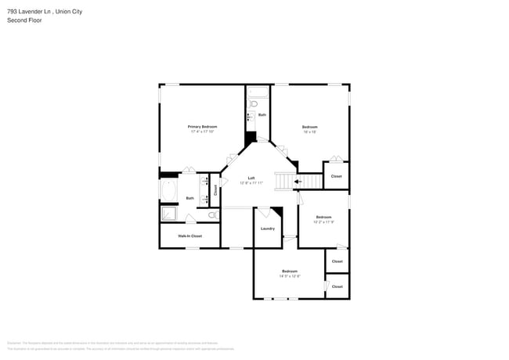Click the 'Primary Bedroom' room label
(x=202, y=126)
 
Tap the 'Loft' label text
(x=251, y=178)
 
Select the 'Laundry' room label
(x=267, y=228)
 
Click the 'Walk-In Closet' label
(x=190, y=236)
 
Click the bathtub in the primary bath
(x=169, y=190)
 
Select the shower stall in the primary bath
(x=169, y=214)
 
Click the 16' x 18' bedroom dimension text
(x=309, y=131)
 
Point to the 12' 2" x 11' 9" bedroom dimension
(x=323, y=221)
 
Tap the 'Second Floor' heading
(x=25, y=20)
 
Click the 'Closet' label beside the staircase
(x=336, y=176)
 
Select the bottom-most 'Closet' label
(x=337, y=286)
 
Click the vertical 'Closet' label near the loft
(x=215, y=189)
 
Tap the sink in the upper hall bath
(x=251, y=116)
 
